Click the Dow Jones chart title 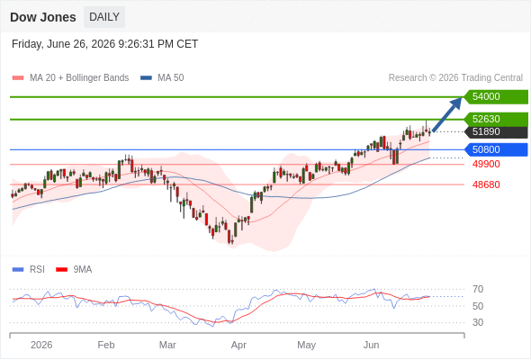43,17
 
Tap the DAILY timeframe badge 104,17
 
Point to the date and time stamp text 104,44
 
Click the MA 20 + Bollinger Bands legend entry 70,78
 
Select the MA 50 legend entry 162,78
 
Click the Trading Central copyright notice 455,78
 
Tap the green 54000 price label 496,97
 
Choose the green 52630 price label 496,119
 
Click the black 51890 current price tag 496,131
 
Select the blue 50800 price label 496,149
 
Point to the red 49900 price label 486,165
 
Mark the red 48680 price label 486,184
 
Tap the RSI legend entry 29,270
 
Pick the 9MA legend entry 74,270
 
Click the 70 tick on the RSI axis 478,289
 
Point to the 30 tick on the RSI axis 478,322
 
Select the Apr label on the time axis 238,345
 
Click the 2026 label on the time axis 41,345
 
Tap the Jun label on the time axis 371,345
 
